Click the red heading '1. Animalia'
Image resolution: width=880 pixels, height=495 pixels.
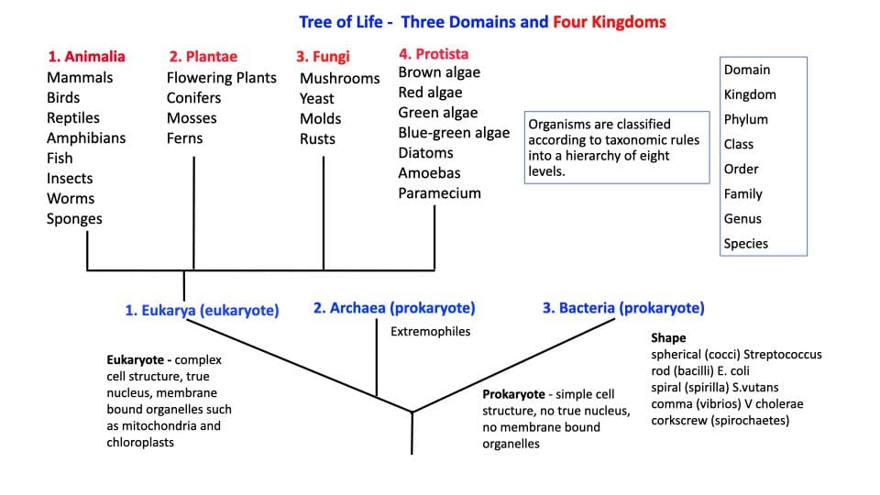86,56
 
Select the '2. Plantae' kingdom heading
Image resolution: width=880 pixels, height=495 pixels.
203,56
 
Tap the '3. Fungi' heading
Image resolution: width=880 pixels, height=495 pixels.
323,56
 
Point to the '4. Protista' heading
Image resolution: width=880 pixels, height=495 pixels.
434,53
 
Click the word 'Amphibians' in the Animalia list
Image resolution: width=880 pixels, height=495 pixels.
86,137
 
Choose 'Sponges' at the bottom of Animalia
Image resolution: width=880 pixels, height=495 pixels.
74,218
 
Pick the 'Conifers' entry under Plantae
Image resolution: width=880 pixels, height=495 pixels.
193,97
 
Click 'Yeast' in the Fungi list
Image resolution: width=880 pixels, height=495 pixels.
317,98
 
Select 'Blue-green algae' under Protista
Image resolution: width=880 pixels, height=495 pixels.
454,133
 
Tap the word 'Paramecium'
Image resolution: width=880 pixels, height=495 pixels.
439,193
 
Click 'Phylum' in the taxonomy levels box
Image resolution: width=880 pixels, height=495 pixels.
746,119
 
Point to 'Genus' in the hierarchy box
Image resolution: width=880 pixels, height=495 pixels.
742,219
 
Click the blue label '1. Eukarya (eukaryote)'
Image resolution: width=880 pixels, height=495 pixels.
202,311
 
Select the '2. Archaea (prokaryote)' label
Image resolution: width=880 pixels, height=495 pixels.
394,308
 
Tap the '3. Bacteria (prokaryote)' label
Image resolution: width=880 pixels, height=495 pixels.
623,308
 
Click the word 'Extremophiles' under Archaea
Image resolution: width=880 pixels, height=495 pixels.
430,331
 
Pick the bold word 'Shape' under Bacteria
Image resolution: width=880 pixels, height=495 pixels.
668,338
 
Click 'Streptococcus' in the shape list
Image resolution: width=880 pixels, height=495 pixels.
783,354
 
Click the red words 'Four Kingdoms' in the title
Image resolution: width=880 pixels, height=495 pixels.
609,21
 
